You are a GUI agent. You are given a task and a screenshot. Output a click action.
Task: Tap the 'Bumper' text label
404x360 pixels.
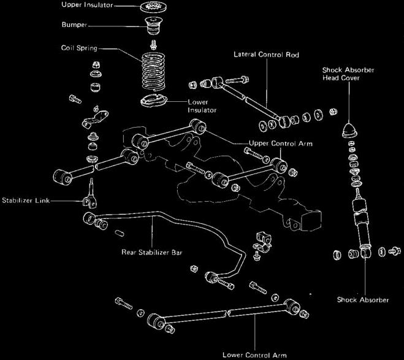click(75, 26)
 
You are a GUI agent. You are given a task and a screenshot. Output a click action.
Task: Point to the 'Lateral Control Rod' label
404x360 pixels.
click(265, 55)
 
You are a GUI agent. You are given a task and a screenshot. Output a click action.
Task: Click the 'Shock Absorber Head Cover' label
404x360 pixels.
click(348, 74)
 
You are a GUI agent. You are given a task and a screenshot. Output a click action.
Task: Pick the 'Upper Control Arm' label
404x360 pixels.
click(281, 144)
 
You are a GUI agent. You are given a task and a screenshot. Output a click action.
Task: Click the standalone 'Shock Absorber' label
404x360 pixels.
click(363, 300)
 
